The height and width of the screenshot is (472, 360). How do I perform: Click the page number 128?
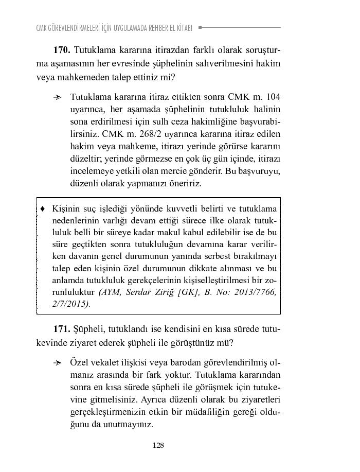tap(158, 446)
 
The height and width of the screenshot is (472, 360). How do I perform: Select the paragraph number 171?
tap(61, 328)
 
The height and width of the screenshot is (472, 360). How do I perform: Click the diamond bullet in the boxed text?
tap(43, 209)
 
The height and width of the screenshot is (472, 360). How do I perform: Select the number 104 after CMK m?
tap(273, 97)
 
